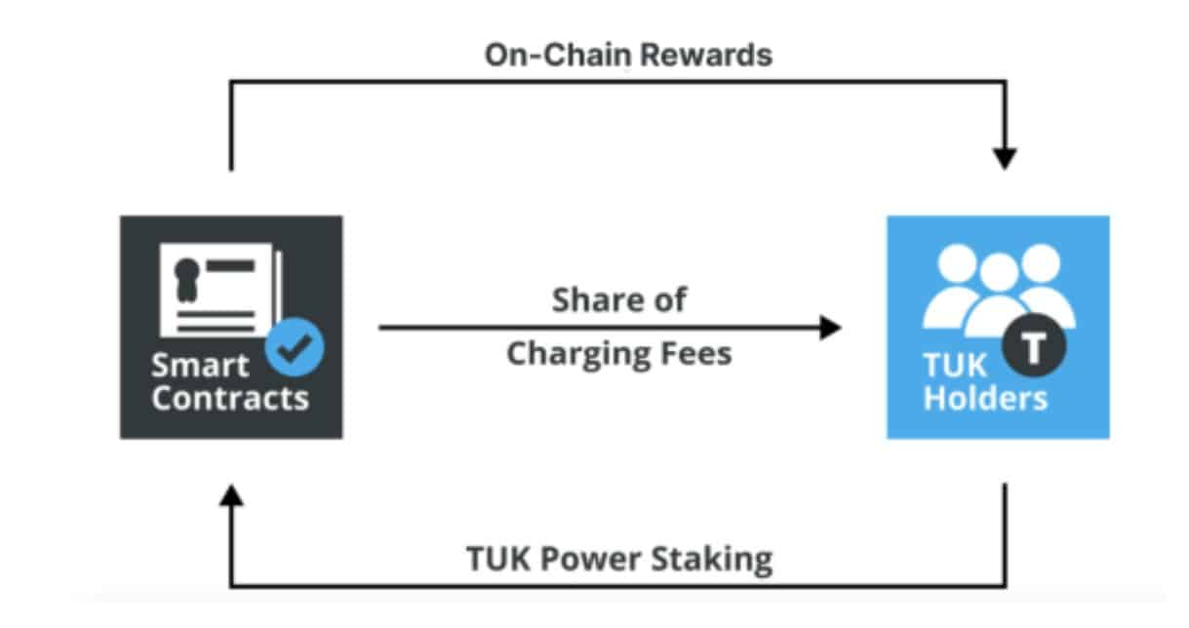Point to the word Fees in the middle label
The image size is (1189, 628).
tap(694, 353)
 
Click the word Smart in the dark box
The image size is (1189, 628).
tap(200, 366)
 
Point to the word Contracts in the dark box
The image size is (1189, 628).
tap(230, 398)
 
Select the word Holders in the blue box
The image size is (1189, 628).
tap(985, 398)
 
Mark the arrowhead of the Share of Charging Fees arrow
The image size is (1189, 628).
tap(829, 328)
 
